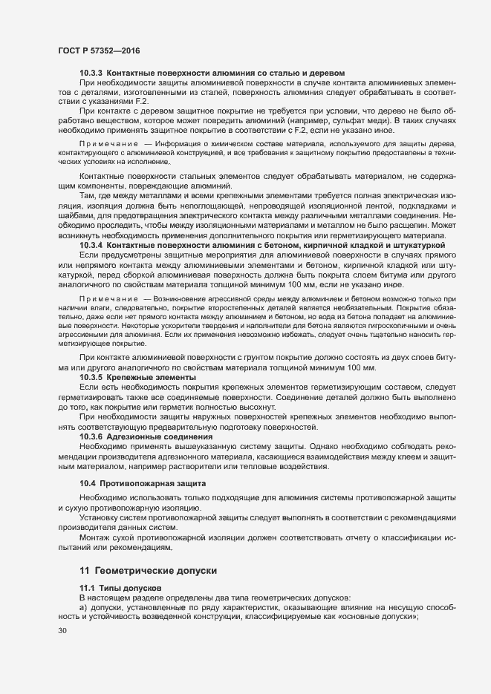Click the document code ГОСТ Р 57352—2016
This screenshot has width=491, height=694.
[98, 50]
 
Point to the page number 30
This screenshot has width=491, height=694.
[62, 631]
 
